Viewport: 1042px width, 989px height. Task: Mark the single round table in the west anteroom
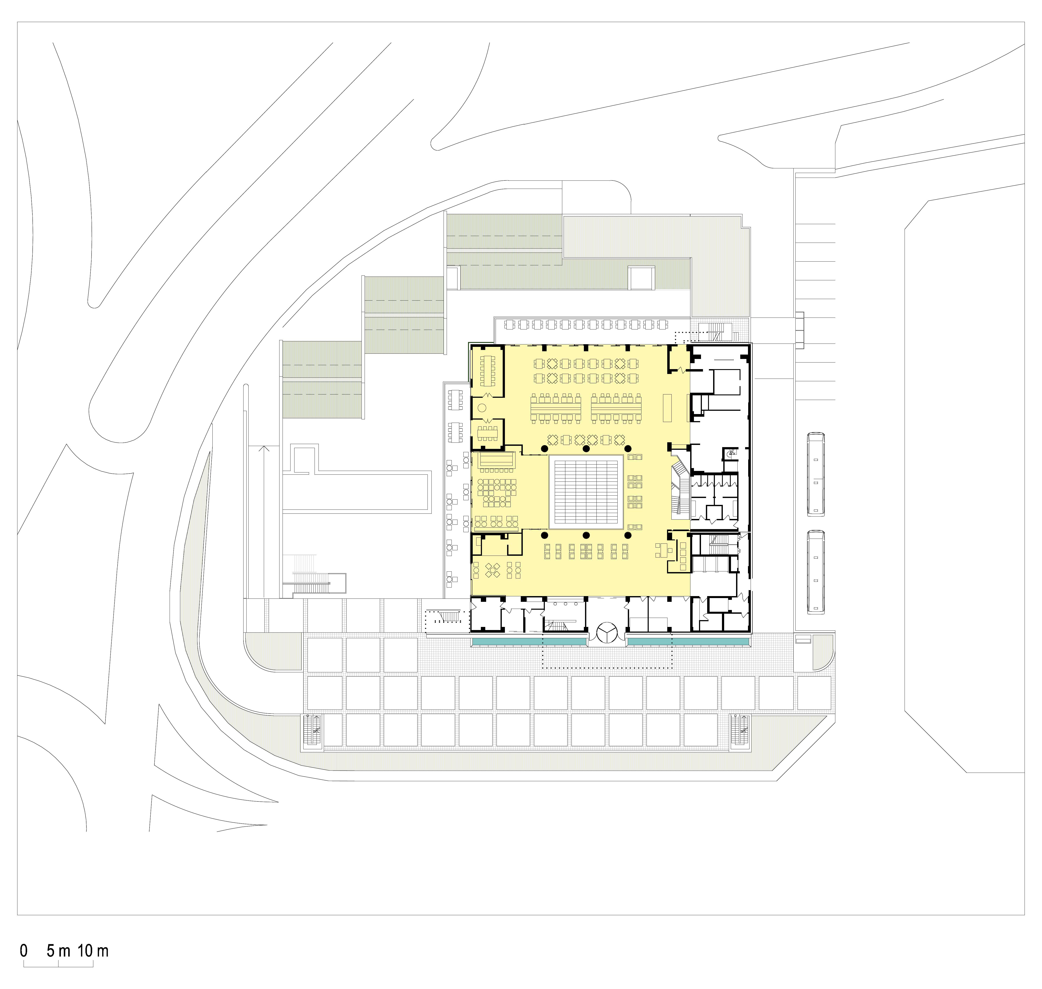click(x=482, y=407)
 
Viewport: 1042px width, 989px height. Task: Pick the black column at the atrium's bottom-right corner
click(x=628, y=535)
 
